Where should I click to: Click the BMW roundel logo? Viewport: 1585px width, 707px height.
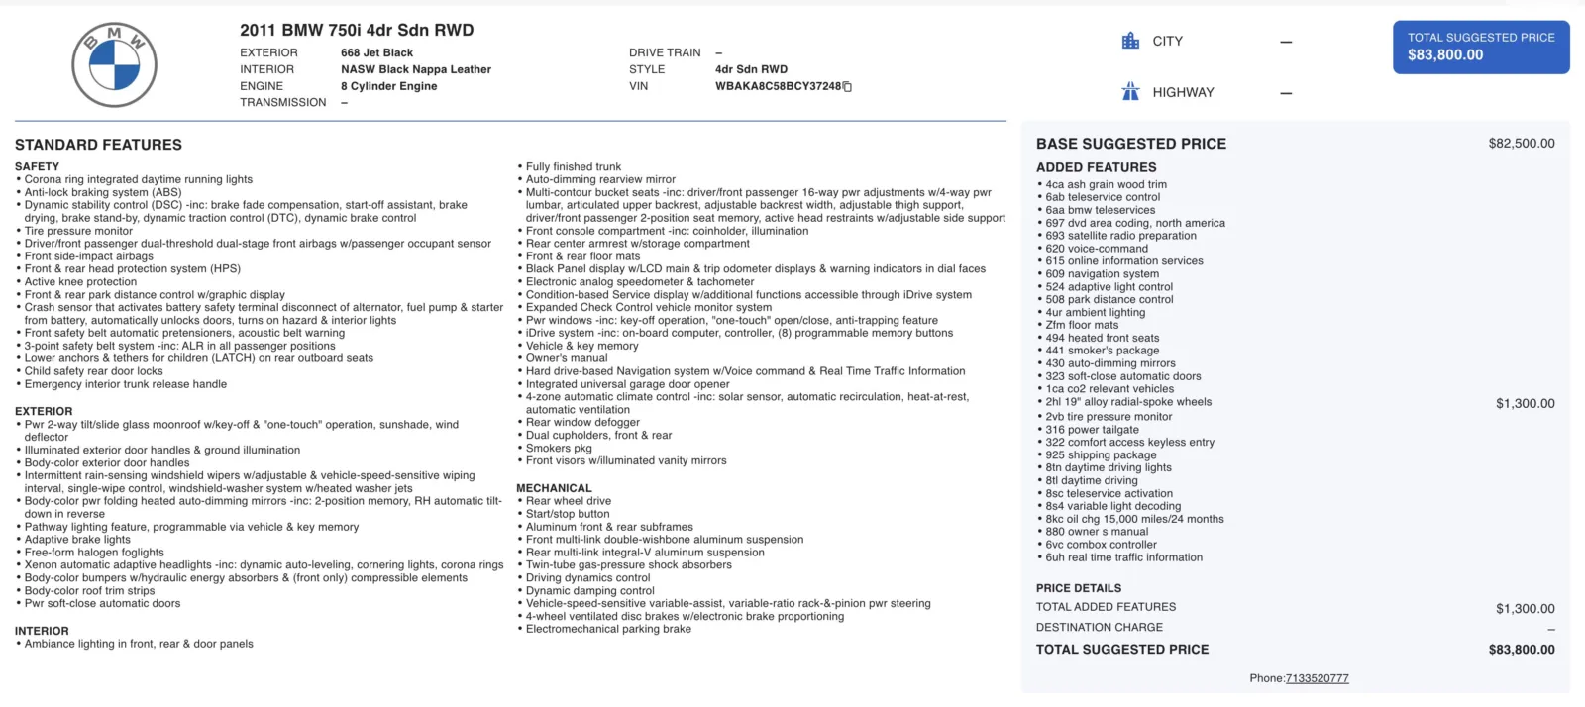point(114,65)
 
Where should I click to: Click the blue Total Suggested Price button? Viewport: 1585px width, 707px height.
point(1481,47)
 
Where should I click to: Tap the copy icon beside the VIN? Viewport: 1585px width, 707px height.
point(847,87)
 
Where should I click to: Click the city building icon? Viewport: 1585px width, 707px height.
point(1130,41)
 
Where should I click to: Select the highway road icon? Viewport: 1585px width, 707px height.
point(1130,92)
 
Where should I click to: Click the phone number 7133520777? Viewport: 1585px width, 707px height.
point(1317,678)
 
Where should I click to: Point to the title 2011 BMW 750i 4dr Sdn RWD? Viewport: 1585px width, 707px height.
point(357,30)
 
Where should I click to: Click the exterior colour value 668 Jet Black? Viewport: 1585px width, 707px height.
point(376,52)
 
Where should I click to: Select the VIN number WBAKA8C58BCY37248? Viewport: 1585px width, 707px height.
point(778,86)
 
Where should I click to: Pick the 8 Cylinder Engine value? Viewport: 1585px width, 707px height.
point(388,86)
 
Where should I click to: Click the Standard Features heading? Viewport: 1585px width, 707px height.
point(98,145)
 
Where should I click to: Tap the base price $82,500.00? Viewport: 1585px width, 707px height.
point(1521,144)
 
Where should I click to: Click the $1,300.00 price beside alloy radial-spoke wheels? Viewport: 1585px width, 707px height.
point(1525,403)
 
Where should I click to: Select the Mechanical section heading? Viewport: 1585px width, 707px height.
point(554,488)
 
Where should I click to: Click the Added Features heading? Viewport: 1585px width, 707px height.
point(1096,167)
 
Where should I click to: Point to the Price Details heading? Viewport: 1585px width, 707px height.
point(1079,588)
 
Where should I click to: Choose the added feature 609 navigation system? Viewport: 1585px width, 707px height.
point(1102,274)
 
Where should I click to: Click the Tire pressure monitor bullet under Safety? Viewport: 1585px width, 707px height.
point(78,231)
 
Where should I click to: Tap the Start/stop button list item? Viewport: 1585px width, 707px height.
point(568,514)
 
